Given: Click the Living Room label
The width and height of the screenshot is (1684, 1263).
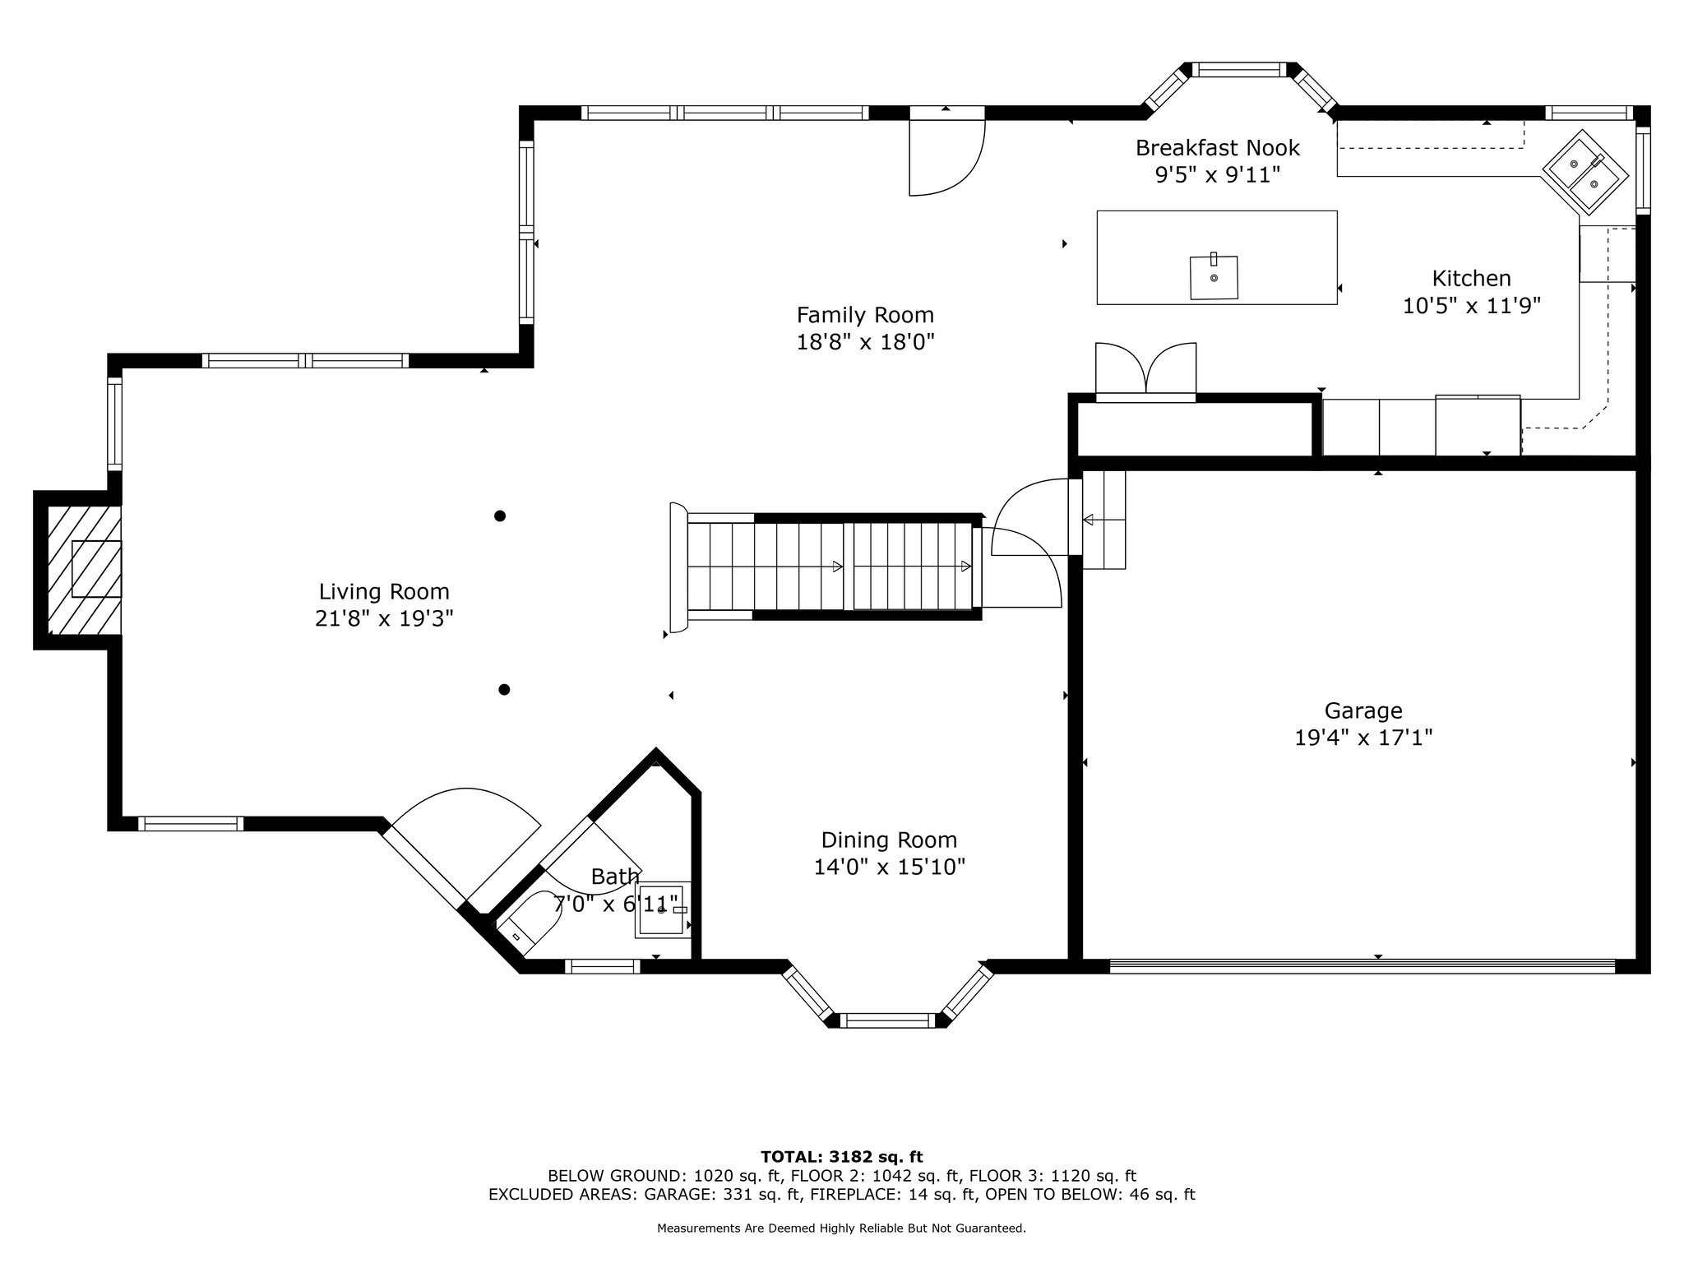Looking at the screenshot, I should tap(384, 591).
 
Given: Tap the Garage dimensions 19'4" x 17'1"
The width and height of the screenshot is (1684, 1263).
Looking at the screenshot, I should tap(1363, 738).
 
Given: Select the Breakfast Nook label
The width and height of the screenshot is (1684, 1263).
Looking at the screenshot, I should tap(1217, 148).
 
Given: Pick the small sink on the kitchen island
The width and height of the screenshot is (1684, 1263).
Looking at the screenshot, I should tap(1214, 277).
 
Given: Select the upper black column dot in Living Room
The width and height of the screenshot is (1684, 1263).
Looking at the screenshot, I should tap(499, 516).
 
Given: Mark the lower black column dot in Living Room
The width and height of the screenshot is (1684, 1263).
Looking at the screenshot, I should tap(504, 689).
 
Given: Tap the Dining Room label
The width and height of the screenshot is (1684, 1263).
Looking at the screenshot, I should tap(889, 840).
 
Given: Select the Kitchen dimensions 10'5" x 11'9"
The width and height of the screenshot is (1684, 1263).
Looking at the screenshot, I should tap(1471, 306).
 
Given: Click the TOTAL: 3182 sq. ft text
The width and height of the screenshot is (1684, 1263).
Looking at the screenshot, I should tap(842, 1157).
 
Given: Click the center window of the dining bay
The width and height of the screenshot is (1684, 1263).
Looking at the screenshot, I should tap(888, 1020).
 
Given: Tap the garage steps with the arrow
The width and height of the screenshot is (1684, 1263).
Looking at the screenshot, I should tap(1103, 520).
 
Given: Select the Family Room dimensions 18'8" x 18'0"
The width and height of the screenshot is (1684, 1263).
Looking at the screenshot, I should tap(865, 342).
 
